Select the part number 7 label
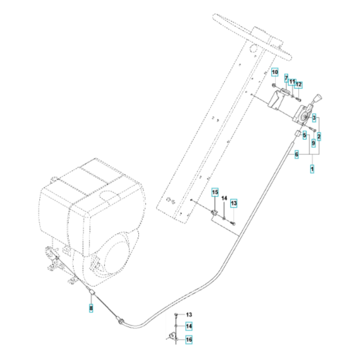(287, 78)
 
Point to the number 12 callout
(299, 85)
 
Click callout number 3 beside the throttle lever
(313, 117)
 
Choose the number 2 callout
(319, 136)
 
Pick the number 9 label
(313, 145)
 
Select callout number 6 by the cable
(296, 154)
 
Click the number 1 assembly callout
(312, 168)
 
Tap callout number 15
(215, 192)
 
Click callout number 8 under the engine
(91, 291)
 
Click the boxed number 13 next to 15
(234, 203)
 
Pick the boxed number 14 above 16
(189, 327)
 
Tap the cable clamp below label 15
(214, 212)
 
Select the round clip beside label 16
(174, 337)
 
